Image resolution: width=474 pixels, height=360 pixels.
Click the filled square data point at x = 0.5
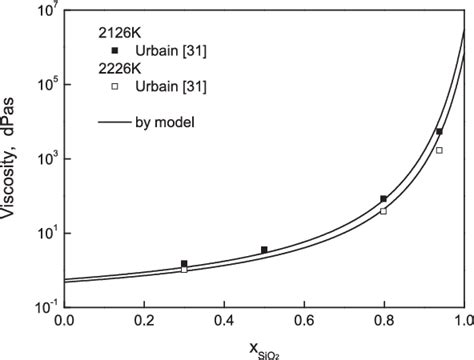point(264,250)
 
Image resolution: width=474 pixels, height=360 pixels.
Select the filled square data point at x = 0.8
point(384,199)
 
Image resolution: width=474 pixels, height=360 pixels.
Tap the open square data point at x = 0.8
point(384,211)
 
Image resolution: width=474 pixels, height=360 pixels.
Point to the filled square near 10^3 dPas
point(439,132)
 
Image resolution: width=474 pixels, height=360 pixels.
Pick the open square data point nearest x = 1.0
point(439,150)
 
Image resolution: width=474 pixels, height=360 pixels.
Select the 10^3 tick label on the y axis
point(41,160)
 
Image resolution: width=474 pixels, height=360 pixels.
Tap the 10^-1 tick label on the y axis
point(41,308)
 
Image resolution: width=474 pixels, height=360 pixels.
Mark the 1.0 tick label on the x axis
point(462,322)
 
